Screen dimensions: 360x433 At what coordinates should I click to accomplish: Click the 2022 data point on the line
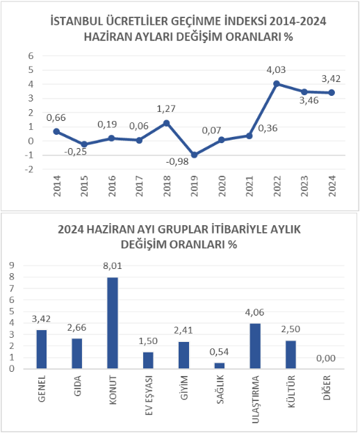click(x=277, y=83)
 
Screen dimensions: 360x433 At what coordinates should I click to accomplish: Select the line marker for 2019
click(x=194, y=155)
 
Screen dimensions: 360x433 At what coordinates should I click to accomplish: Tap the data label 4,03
click(x=276, y=70)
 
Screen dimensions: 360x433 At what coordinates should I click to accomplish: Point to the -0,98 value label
click(x=177, y=161)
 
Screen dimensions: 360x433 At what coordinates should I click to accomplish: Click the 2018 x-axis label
click(x=167, y=186)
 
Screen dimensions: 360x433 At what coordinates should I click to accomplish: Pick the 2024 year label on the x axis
click(x=332, y=186)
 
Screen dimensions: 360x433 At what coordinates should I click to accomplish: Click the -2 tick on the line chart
click(x=29, y=170)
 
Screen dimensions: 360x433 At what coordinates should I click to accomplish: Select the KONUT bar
click(x=113, y=322)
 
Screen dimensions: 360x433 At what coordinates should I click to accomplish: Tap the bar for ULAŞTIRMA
click(x=255, y=345)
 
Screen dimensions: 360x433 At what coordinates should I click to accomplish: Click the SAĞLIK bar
click(x=220, y=366)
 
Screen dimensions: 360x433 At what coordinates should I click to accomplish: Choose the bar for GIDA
click(x=77, y=354)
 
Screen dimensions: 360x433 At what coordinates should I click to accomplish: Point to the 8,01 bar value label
click(x=113, y=266)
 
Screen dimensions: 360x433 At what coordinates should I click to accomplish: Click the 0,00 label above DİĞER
click(x=326, y=359)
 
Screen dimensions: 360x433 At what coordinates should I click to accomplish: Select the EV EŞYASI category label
click(x=148, y=395)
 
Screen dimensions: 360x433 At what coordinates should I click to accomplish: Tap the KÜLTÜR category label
click(x=291, y=391)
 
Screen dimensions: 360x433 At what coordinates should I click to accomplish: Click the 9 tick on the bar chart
click(x=12, y=265)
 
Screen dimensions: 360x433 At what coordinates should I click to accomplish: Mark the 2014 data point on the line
click(x=56, y=131)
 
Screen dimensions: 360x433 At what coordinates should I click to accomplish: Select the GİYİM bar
click(x=184, y=355)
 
